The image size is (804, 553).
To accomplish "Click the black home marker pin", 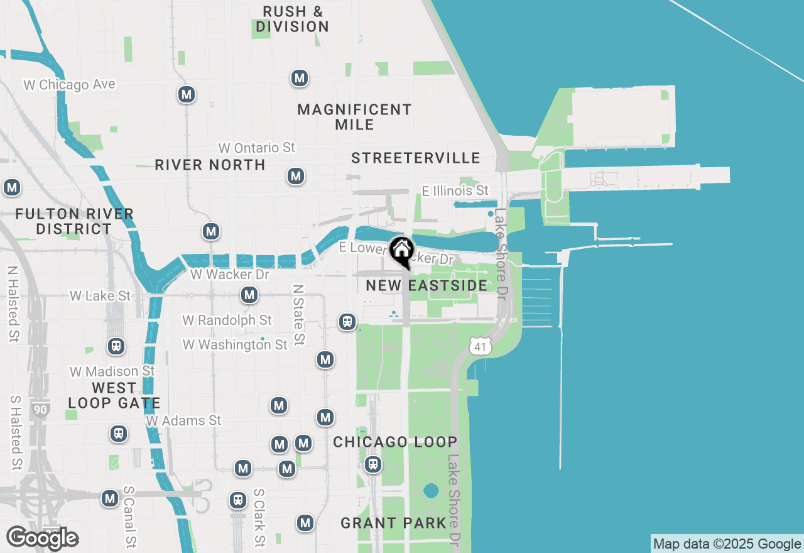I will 401,251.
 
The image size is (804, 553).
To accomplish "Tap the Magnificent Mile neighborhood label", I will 354,117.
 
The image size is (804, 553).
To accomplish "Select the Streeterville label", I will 416,158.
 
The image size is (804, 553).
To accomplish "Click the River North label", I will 210,165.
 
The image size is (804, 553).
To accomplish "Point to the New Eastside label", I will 426,285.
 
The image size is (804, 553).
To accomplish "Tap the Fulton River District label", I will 74,221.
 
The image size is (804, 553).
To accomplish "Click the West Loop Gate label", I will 114,395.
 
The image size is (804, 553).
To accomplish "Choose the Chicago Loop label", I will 395,442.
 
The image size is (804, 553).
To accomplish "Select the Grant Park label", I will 393,522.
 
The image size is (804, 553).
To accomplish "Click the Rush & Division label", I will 293,19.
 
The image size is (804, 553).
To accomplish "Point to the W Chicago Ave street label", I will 70,84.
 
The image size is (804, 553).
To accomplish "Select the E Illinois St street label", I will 455,190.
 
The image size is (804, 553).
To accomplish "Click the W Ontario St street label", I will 256,148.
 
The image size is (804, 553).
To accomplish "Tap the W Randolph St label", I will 227,320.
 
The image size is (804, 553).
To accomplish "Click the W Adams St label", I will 183,420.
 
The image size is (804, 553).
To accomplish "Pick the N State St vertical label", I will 298,314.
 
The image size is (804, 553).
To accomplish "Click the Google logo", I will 42,538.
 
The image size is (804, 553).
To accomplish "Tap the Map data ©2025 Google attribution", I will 727,544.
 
